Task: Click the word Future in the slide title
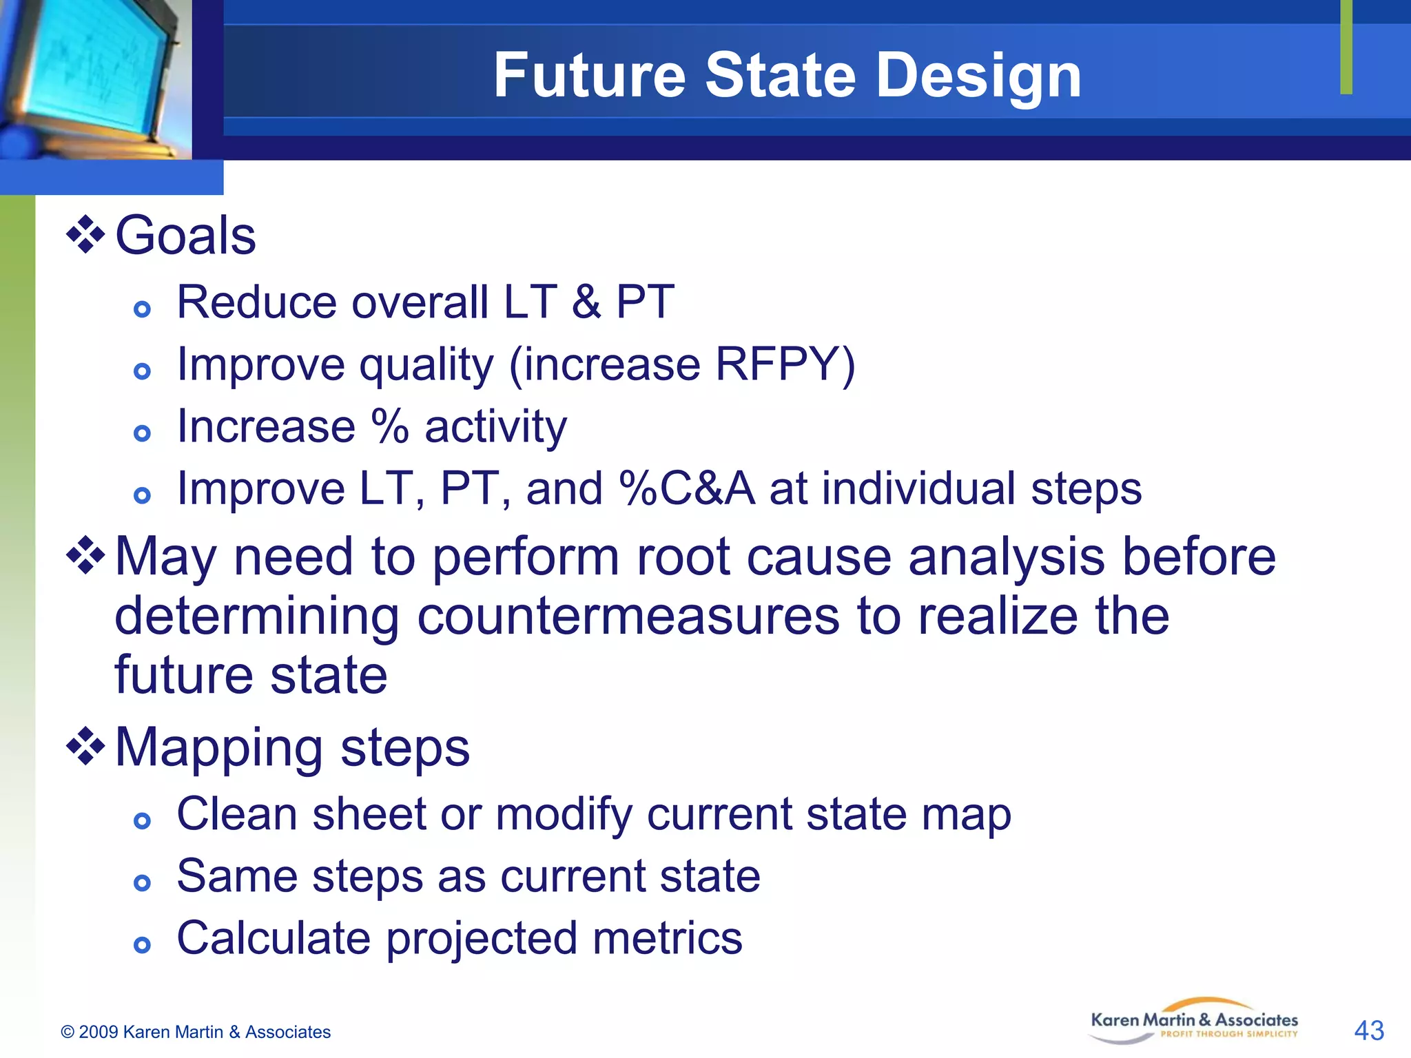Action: pos(589,76)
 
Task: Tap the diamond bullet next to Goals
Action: pos(85,235)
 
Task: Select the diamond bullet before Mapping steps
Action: pos(85,747)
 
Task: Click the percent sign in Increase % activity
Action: pos(390,426)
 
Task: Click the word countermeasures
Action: pos(628,616)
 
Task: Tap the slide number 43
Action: pos(1368,1030)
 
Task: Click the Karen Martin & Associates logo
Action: pos(1194,1021)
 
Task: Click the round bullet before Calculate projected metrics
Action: pos(142,944)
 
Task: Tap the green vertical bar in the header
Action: pos(1346,47)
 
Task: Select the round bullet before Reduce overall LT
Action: pos(142,309)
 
